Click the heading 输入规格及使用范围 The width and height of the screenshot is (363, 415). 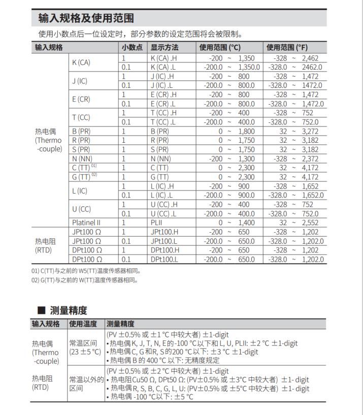[86, 19]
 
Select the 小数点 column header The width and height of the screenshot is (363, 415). [132, 47]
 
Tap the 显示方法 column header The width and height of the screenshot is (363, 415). [164, 47]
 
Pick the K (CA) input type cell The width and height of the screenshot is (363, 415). [81, 62]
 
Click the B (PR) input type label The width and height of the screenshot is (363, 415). [81, 131]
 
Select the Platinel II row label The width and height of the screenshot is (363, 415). [86, 222]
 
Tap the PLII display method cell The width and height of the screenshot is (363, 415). [157, 222]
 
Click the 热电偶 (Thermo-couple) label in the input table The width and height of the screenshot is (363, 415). [48, 140]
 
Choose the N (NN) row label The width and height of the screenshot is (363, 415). [82, 158]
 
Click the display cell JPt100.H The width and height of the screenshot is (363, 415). [165, 232]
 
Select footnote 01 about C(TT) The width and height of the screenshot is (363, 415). [86, 271]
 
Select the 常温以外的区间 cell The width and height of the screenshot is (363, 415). [86, 384]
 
